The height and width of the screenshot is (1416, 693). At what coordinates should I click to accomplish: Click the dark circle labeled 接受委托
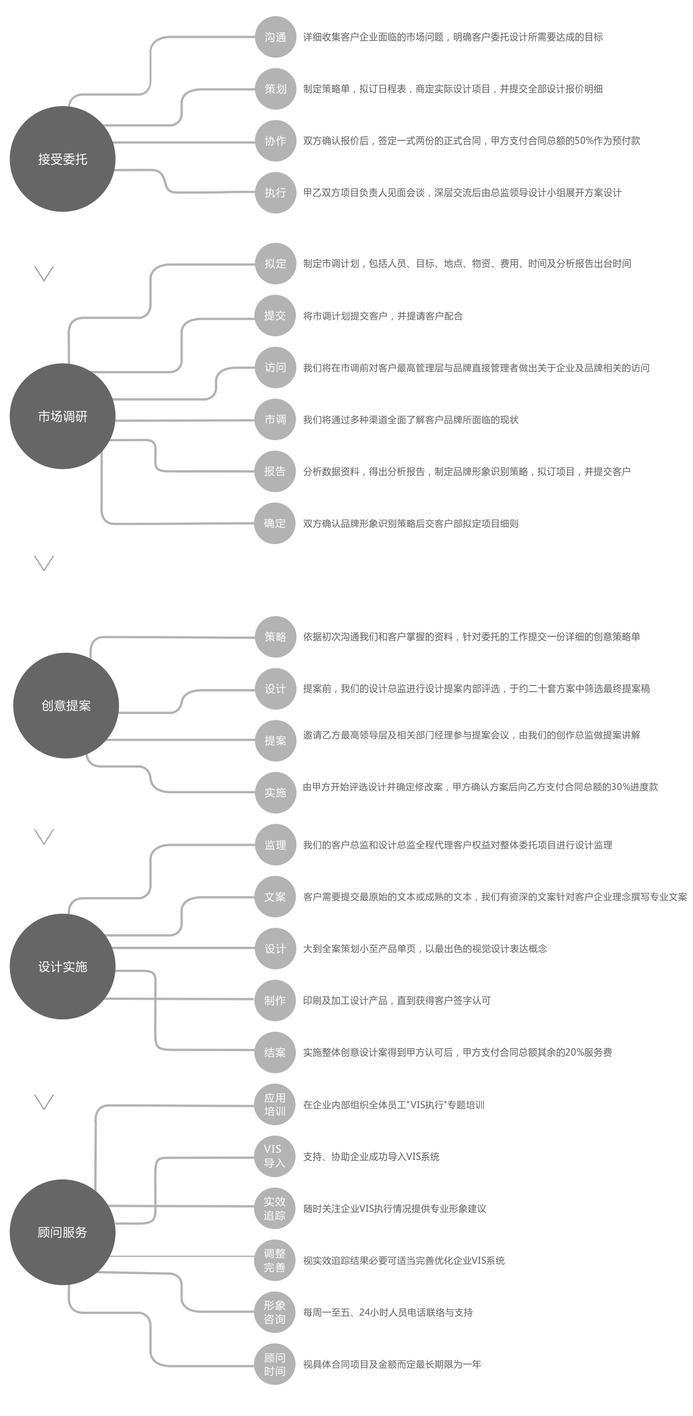tap(62, 159)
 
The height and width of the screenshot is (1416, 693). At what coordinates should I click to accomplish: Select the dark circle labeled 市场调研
tap(62, 416)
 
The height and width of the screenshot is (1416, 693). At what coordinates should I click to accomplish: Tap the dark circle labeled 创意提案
tap(66, 705)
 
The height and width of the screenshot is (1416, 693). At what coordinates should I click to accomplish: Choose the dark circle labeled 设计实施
tap(62, 966)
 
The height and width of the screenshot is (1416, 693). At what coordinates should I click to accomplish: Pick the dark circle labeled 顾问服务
tap(62, 1232)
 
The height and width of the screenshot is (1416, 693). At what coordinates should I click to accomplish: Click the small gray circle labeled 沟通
tap(275, 37)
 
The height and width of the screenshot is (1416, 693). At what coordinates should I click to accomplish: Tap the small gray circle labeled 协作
tap(275, 141)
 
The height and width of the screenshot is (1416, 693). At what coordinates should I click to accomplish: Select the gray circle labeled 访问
tap(275, 368)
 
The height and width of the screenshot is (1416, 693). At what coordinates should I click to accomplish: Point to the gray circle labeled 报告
tap(275, 471)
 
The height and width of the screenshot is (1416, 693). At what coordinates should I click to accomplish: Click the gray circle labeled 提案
tap(275, 740)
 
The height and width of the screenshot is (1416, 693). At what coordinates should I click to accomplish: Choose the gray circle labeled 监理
tap(275, 845)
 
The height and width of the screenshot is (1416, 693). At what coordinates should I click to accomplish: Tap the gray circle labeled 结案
tap(275, 1052)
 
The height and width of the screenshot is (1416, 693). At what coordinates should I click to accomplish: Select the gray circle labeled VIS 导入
tap(275, 1156)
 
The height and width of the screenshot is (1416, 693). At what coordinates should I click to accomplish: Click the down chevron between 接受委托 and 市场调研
tap(44, 273)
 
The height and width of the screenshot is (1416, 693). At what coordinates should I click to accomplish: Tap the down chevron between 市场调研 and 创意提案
tap(44, 563)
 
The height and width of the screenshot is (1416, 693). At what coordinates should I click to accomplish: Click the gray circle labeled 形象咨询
tap(275, 1312)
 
